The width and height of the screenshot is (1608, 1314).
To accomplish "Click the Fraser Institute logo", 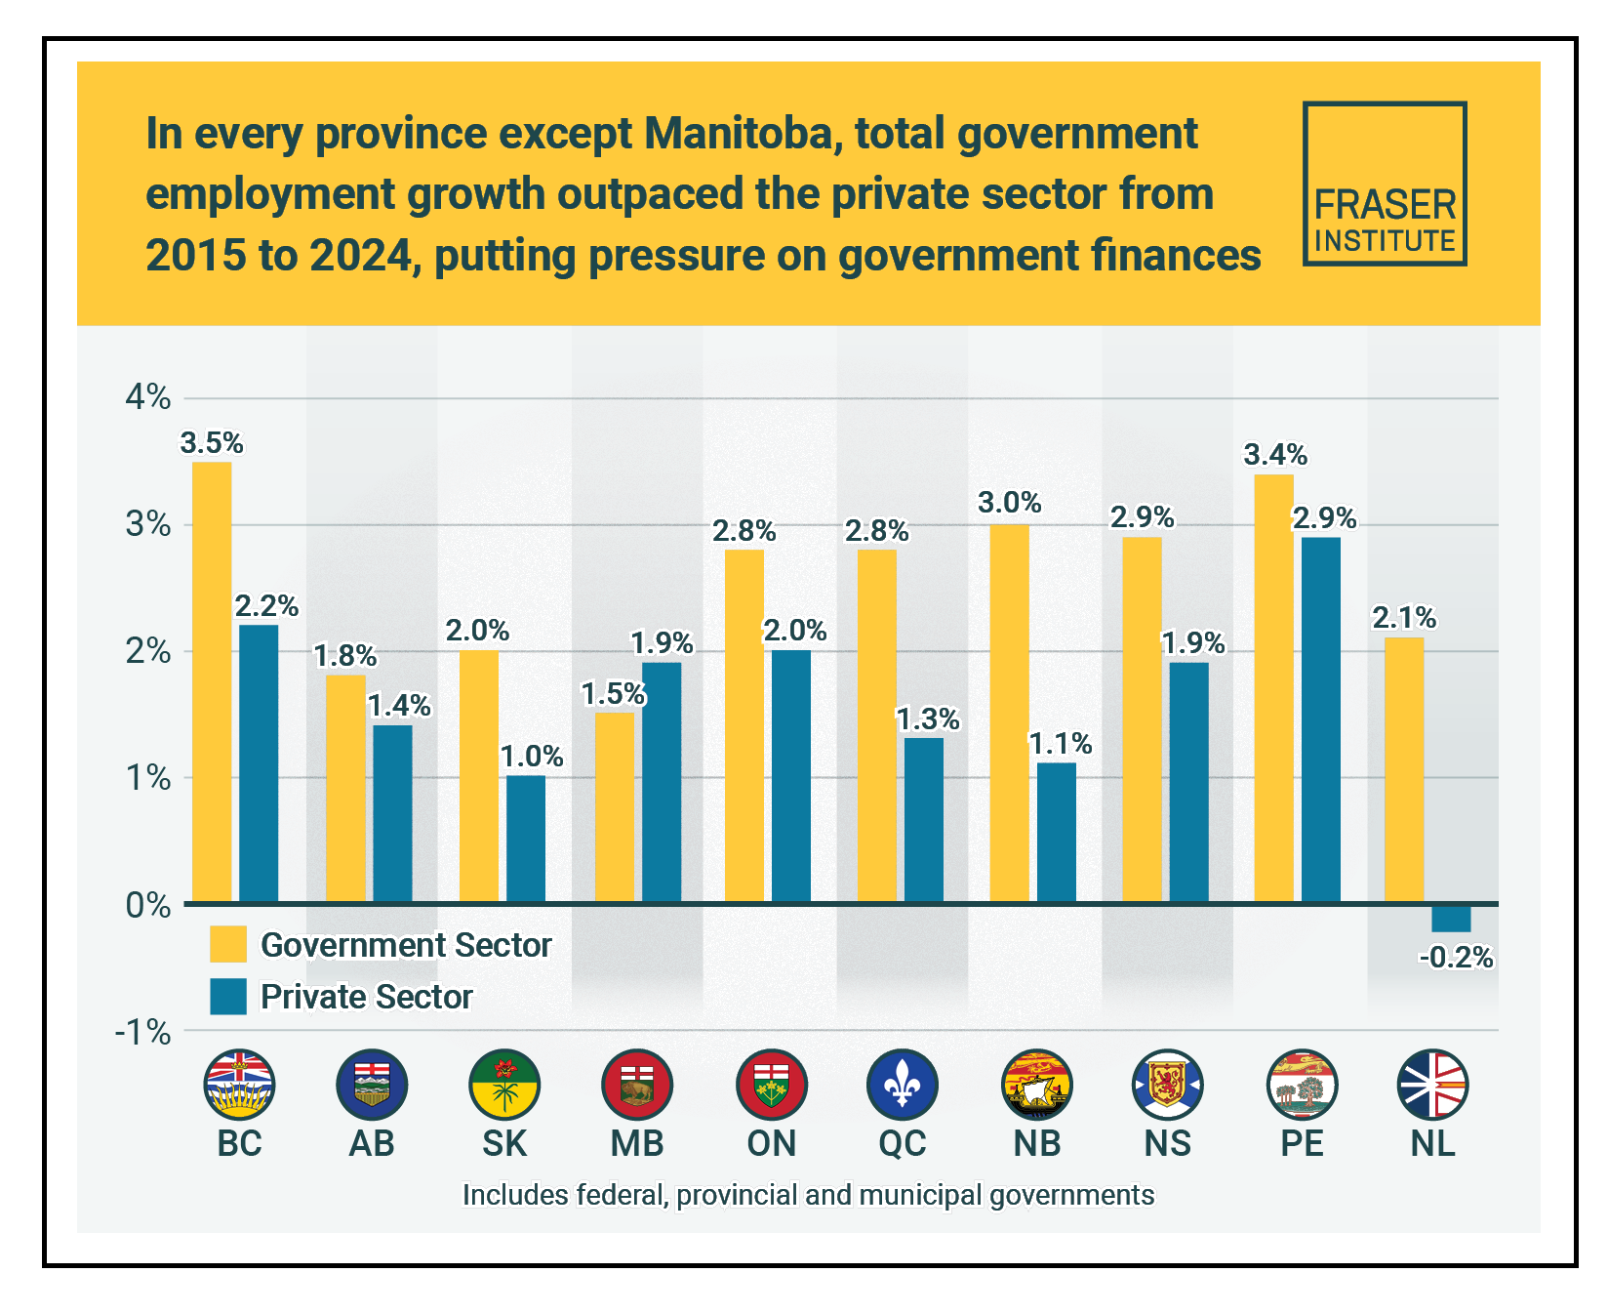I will [x=1384, y=184].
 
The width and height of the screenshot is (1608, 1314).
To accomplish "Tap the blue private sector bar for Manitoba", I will [x=662, y=782].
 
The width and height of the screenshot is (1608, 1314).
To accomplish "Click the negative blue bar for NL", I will [x=1451, y=918].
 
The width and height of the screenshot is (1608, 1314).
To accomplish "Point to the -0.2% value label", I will [x=1456, y=958].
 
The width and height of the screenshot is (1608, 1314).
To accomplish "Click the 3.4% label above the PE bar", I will [x=1275, y=455].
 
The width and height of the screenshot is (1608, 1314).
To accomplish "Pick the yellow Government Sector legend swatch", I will [x=228, y=945].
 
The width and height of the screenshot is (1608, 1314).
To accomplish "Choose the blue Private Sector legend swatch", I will [x=228, y=997].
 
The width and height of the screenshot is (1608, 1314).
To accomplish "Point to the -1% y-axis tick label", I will [x=143, y=1032].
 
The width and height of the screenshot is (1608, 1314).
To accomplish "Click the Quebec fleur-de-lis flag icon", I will [x=903, y=1085].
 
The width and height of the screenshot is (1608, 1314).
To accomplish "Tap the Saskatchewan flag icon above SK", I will [x=504, y=1085].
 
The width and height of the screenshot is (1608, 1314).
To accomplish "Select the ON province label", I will [x=771, y=1143].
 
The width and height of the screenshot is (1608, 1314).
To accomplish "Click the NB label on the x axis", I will [x=1036, y=1143].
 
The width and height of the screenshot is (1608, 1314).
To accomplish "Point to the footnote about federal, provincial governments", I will [x=808, y=1195].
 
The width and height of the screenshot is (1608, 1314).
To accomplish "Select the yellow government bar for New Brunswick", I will [x=1009, y=713].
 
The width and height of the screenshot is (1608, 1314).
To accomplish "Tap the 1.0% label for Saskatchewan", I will [x=532, y=757].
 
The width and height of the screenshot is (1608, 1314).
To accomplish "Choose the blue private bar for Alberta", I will [x=392, y=813].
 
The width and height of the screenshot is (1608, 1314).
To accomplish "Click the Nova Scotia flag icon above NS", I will [x=1168, y=1085].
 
